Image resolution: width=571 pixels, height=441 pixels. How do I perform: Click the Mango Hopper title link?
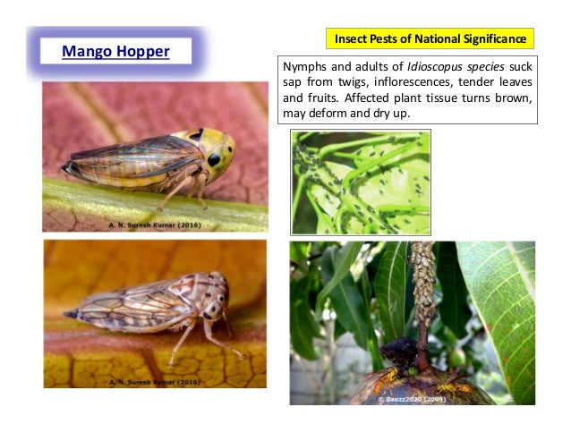(x=115, y=51)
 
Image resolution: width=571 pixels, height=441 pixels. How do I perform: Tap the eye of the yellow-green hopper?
(x=214, y=159)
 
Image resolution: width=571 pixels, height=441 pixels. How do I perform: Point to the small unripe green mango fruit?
(x=457, y=357)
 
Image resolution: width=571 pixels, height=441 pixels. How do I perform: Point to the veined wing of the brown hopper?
(x=134, y=309)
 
